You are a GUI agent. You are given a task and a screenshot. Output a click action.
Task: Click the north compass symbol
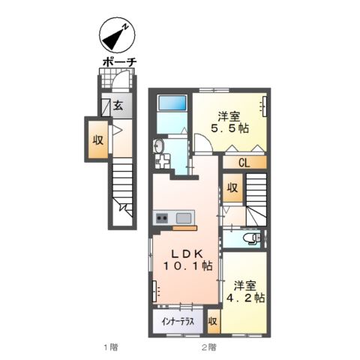(117, 34)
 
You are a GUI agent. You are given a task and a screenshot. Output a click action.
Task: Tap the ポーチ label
(119, 62)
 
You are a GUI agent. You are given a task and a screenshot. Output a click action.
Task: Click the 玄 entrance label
(118, 106)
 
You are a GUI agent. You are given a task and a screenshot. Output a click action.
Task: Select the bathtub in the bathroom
(172, 103)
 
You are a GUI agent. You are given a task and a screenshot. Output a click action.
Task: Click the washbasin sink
(158, 146)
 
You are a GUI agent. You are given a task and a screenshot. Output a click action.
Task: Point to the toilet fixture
(252, 238)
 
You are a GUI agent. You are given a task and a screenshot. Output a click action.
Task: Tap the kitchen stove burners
(162, 218)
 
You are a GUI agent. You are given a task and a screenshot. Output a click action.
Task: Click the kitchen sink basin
(184, 218)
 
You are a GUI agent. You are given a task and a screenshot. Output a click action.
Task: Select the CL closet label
(244, 163)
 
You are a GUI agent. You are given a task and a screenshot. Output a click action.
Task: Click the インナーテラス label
(178, 322)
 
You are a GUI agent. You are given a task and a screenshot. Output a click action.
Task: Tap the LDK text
(187, 254)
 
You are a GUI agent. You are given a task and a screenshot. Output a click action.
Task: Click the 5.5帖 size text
(229, 128)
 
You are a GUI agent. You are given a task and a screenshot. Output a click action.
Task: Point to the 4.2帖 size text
(245, 298)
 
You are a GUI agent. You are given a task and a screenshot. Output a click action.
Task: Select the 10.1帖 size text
(188, 265)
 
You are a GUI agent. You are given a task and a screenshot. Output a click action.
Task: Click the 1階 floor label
(110, 347)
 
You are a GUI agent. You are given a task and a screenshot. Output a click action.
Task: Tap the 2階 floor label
(209, 347)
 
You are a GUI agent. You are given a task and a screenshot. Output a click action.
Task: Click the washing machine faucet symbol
(160, 161)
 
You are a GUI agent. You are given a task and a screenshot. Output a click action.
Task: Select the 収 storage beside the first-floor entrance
(98, 140)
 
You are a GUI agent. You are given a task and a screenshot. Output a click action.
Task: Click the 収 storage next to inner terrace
(213, 322)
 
